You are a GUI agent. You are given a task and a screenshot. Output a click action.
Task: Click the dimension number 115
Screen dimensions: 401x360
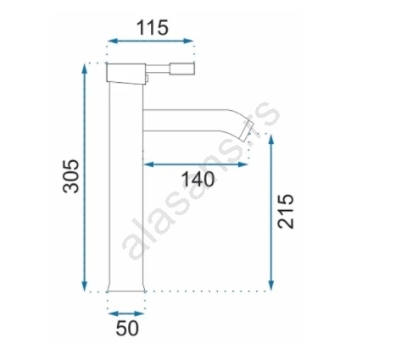pos(153,28)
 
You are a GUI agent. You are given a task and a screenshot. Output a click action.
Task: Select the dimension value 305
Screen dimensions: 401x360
pos(70,176)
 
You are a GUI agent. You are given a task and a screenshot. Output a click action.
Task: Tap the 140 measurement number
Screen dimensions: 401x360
pos(198,180)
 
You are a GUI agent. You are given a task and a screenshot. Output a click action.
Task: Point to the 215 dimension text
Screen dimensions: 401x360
pos(286,211)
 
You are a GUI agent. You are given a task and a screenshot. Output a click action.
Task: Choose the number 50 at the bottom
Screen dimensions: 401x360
pos(127,328)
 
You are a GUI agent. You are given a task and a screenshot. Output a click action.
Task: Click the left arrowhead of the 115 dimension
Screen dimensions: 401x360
pos(112,42)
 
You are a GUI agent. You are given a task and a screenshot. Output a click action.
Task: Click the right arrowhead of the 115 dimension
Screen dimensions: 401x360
pos(188,42)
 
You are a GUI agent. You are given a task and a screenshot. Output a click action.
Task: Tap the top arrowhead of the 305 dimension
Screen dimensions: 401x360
pos(84,69)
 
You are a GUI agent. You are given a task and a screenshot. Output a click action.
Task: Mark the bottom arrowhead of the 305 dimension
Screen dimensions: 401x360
pos(84,285)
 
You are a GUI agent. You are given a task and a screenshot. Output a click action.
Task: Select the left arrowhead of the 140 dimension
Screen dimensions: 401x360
pos(148,164)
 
